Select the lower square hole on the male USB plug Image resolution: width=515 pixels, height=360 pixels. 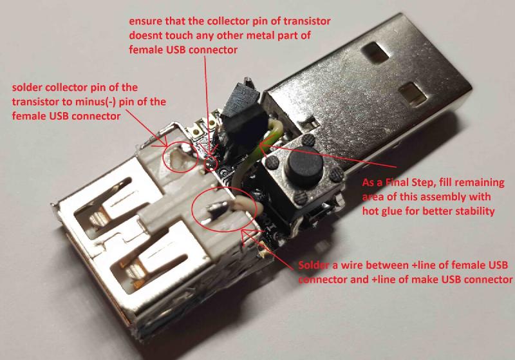[x=412, y=94]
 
